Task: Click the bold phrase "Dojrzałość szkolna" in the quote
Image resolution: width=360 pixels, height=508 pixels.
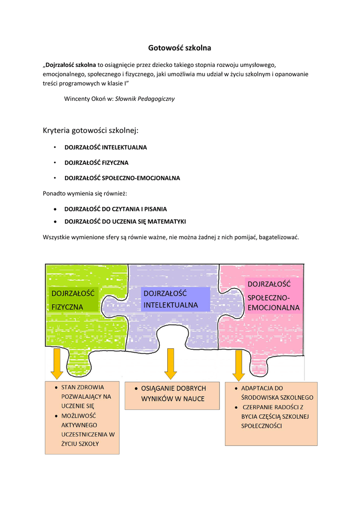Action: [x=71, y=64]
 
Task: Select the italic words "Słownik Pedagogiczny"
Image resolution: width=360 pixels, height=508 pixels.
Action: [x=145, y=99]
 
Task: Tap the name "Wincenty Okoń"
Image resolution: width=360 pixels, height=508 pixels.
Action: [x=83, y=99]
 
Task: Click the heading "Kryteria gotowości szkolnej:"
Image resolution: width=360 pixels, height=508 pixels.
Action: [x=91, y=130]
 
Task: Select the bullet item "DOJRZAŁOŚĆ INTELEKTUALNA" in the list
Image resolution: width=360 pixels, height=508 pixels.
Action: [x=106, y=147]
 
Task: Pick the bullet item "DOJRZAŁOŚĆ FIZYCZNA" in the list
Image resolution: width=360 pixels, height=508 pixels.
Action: [x=96, y=163]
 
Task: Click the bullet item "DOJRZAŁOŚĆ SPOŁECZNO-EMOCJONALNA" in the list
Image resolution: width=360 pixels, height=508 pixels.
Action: [x=122, y=178]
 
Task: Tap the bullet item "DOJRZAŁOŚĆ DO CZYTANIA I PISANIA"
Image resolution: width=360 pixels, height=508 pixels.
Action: [x=116, y=209]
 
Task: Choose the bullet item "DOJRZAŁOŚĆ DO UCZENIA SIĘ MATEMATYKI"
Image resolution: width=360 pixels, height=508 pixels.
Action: [x=125, y=221]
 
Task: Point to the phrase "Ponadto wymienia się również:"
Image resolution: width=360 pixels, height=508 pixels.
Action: [x=81, y=193]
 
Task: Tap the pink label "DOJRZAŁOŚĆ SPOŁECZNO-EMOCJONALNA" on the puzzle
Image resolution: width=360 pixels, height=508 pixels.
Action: [x=274, y=296]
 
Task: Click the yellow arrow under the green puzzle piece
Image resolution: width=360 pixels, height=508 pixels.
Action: [x=57, y=364]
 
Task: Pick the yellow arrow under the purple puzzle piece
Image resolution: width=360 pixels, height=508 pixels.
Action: [x=171, y=364]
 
